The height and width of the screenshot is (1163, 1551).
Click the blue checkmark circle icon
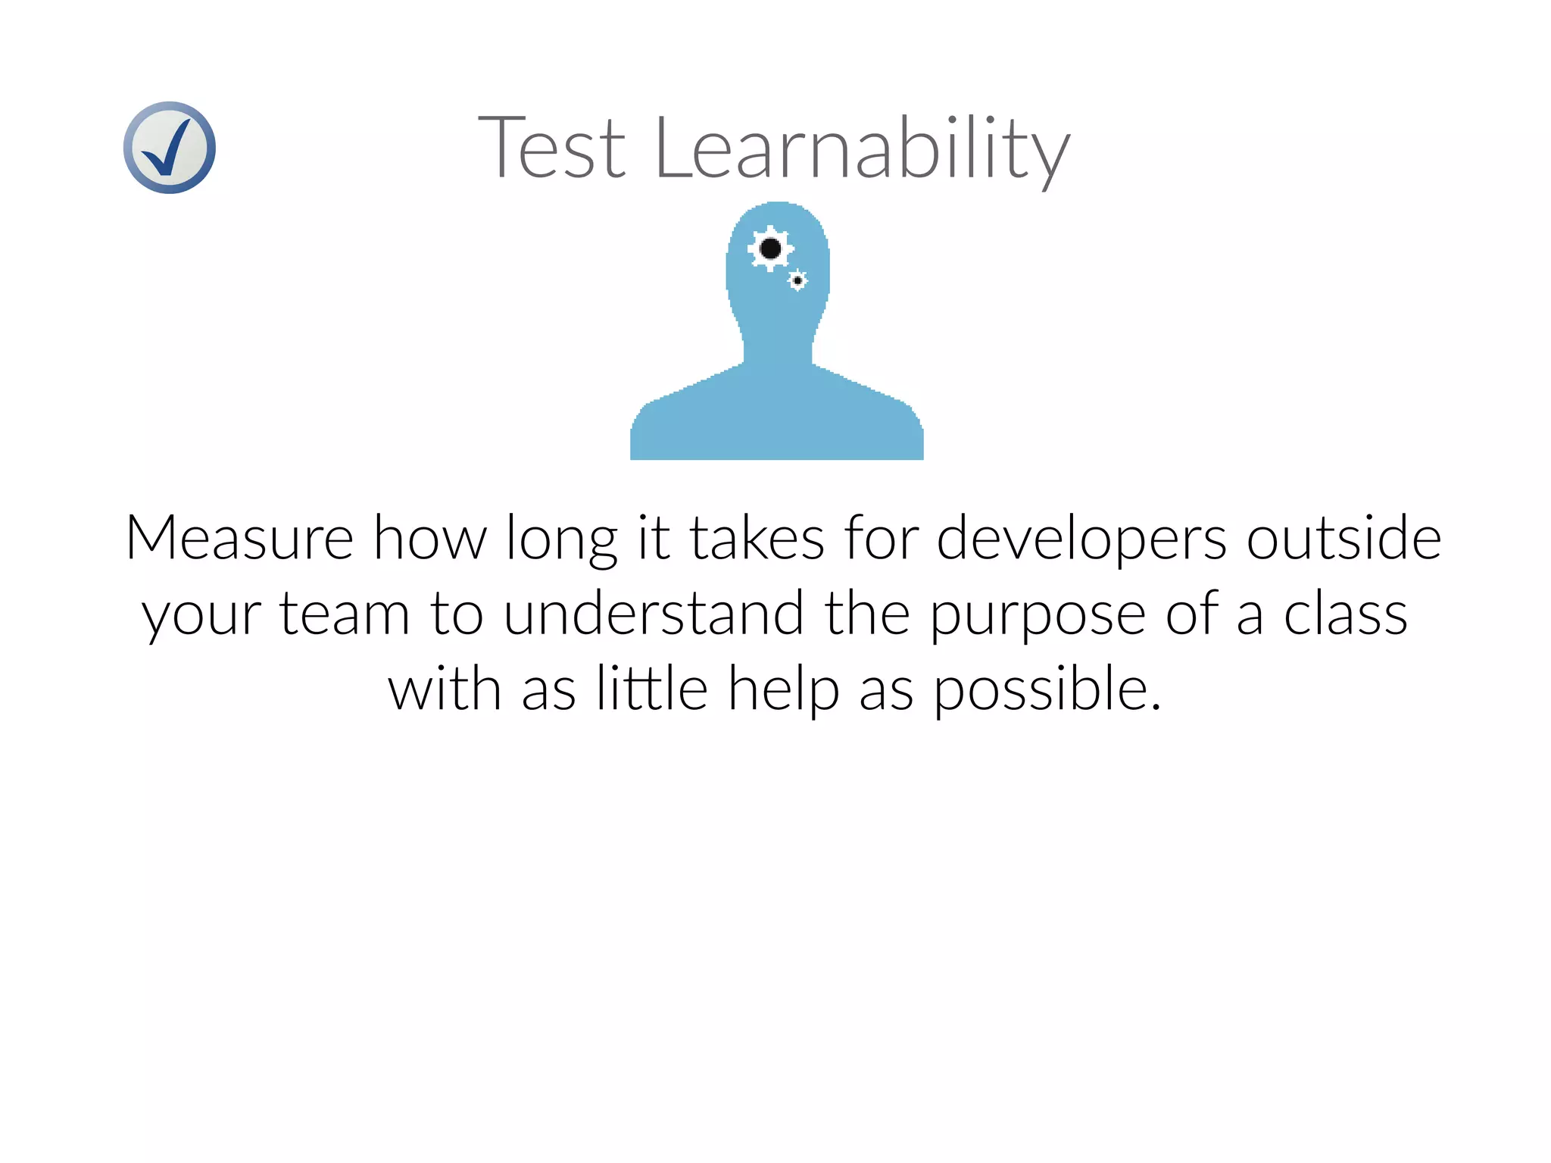(x=169, y=148)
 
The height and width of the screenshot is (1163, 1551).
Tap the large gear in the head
(x=770, y=249)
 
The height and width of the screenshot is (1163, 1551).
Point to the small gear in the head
(x=797, y=280)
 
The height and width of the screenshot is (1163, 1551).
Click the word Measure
(x=239, y=538)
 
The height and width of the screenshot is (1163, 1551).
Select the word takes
(x=756, y=538)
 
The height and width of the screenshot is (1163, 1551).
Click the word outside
(x=1343, y=538)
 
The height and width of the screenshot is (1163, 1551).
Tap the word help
(x=783, y=689)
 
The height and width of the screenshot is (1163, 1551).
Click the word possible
(x=1046, y=689)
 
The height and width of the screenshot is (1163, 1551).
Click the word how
(x=430, y=538)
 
